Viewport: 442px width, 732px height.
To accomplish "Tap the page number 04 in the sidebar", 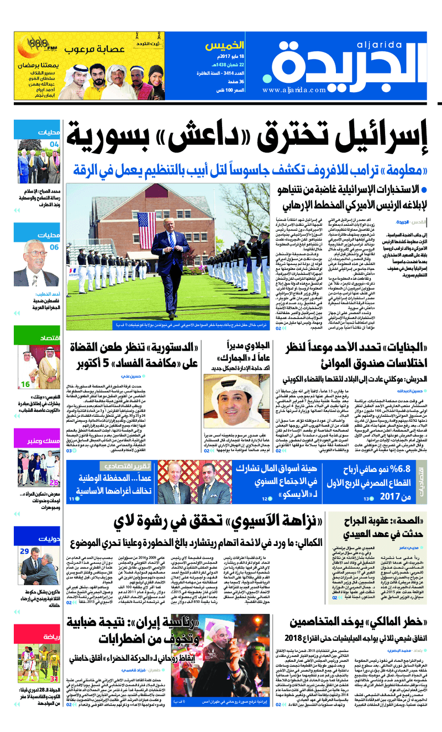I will [x=55, y=144].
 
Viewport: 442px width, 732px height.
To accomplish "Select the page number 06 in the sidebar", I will [x=54, y=247].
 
